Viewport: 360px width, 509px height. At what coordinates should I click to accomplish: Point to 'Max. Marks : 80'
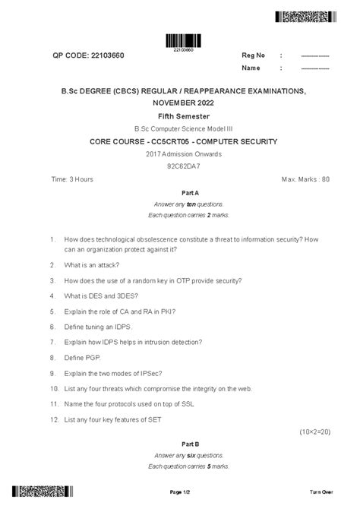[305, 179]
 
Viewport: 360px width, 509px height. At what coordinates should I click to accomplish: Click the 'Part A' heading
[180, 194]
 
